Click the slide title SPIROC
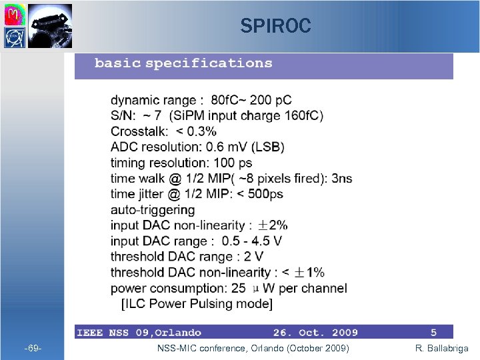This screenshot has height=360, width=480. [x=275, y=26]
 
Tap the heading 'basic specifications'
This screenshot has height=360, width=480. [x=183, y=63]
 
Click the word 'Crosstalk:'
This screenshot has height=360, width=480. [x=139, y=131]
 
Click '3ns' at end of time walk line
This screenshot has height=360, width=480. [x=342, y=178]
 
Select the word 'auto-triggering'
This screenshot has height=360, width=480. [x=153, y=209]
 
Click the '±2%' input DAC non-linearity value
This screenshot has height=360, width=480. [x=273, y=225]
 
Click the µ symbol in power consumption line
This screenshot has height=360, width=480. [x=257, y=289]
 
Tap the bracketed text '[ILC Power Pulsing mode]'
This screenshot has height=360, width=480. [x=196, y=304]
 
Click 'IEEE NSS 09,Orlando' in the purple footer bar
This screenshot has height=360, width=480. [x=139, y=332]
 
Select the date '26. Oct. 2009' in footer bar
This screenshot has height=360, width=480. [x=315, y=332]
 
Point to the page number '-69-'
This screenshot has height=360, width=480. [x=33, y=349]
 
